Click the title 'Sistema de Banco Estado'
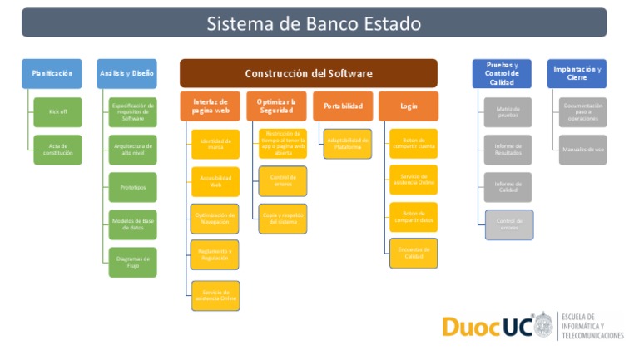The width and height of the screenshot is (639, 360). pyautogui.click(x=314, y=22)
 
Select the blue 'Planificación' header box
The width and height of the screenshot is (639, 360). pyautogui.click(x=52, y=73)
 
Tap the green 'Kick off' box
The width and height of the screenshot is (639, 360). pyautogui.click(x=57, y=111)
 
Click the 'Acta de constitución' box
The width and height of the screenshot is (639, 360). pyautogui.click(x=57, y=150)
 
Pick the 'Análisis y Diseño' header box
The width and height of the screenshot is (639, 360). pyautogui.click(x=126, y=73)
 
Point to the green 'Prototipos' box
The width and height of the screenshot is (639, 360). pyautogui.click(x=132, y=187)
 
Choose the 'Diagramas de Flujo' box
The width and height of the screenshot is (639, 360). pyautogui.click(x=132, y=262)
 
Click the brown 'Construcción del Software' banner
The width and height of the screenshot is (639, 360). pyautogui.click(x=308, y=73)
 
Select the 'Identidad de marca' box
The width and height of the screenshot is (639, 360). pyautogui.click(x=215, y=144)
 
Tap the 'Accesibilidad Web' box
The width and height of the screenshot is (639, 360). pyautogui.click(x=215, y=181)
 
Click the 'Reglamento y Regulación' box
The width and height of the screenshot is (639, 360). pyautogui.click(x=215, y=254)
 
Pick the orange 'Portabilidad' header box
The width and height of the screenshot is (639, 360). pyautogui.click(x=343, y=106)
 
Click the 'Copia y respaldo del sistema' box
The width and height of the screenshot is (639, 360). pyautogui.click(x=282, y=219)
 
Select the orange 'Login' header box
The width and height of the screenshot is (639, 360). pyautogui.click(x=408, y=106)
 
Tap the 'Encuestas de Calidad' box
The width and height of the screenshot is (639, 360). pyautogui.click(x=414, y=253)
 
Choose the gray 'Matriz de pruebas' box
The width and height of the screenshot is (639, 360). pyautogui.click(x=508, y=111)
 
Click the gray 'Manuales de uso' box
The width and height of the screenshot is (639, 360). pyautogui.click(x=582, y=150)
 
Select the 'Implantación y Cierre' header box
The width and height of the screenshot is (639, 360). pyautogui.click(x=577, y=73)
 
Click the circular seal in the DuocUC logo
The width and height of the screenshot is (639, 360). pyautogui.click(x=542, y=325)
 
